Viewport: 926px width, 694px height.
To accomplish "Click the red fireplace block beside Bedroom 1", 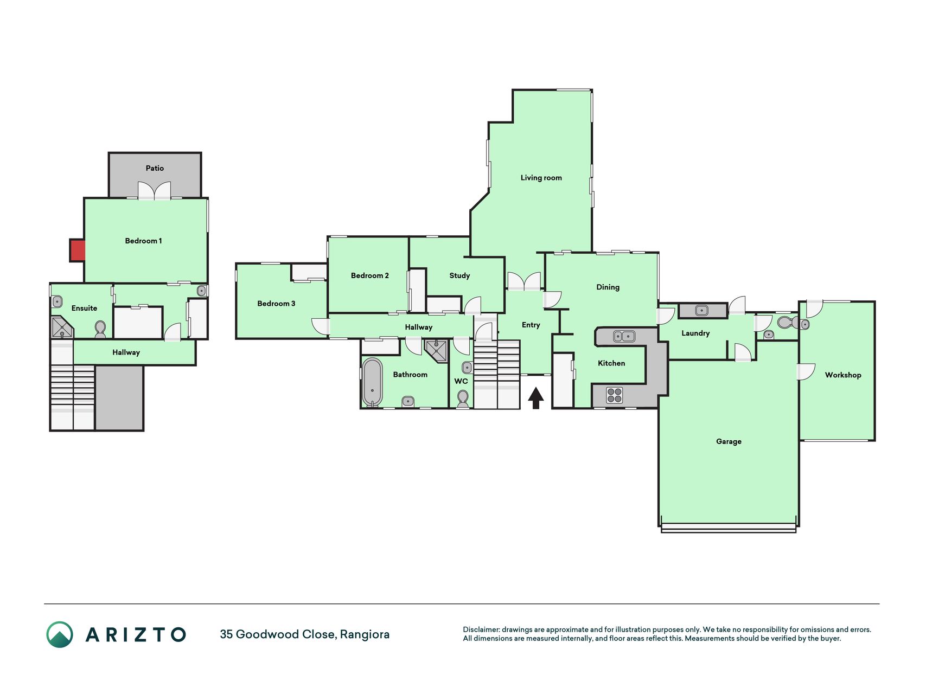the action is click(78, 250).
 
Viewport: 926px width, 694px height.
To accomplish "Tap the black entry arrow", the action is click(536, 397).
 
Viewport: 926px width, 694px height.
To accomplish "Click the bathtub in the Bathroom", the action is click(372, 382).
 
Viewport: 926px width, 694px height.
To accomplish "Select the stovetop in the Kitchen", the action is click(614, 395).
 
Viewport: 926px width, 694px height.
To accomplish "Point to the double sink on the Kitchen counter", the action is click(624, 336).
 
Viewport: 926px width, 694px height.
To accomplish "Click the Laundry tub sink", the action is click(702, 311).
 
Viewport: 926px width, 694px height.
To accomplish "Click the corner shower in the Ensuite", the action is click(61, 328).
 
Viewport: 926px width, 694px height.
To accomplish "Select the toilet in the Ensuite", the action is click(100, 329).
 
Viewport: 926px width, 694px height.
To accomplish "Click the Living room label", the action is click(541, 178).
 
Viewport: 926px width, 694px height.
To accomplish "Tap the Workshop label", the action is click(842, 375).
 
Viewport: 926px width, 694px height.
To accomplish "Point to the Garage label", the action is click(729, 441).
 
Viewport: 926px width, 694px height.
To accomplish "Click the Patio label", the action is click(155, 168).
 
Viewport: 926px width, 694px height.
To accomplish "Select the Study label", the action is click(459, 275).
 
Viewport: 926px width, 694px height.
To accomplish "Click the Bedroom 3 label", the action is click(276, 304).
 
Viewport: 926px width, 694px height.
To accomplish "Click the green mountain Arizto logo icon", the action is click(60, 634).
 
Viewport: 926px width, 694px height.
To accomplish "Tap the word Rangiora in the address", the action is click(365, 634).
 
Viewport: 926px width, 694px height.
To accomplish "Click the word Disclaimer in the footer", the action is click(481, 629).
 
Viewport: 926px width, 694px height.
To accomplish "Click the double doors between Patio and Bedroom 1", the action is click(155, 190).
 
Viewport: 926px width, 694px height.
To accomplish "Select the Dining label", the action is click(608, 287).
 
